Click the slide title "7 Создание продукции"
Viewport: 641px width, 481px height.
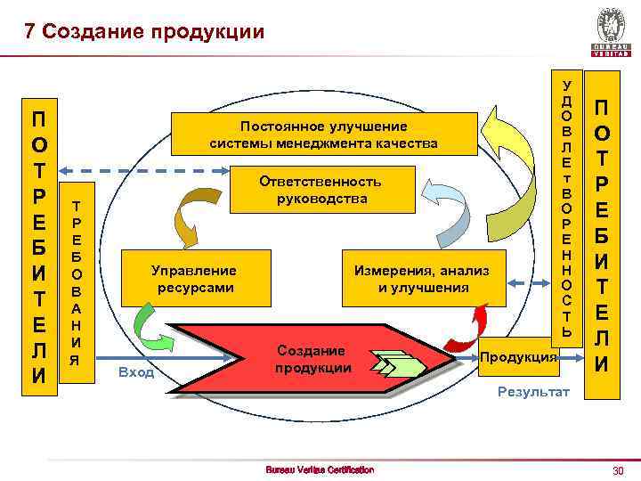144,31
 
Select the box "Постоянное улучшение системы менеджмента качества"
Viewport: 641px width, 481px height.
323,134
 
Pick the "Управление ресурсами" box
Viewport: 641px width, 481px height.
194,278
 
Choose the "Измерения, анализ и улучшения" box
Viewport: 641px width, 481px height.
422,278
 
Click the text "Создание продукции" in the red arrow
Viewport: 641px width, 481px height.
311,358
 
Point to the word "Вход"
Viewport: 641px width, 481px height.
136,371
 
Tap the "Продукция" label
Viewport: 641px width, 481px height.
519,356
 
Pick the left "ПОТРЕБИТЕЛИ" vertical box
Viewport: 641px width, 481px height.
39,246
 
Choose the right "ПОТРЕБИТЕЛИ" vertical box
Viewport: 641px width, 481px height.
602,235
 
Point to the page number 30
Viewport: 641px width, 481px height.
613,469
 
